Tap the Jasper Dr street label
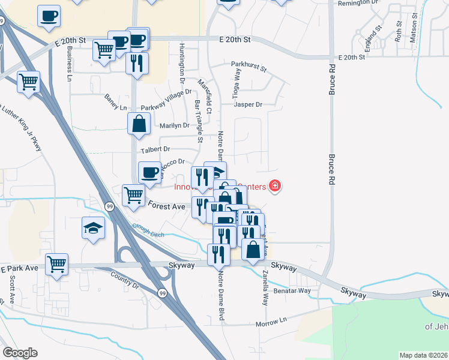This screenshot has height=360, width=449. coord(249,104)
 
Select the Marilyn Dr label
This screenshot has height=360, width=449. coord(174,125)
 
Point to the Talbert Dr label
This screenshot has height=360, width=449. coord(155,149)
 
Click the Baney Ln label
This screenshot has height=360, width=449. coord(116,107)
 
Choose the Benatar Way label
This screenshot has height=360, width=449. coord(292,290)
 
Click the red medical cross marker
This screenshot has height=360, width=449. coord(275,186)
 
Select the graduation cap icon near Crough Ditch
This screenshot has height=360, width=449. coord(93,228)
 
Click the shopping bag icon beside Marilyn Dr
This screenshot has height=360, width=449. coord(139,124)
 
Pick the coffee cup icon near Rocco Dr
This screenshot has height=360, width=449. coord(149,172)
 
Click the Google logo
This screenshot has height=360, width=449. coord(20,353)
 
